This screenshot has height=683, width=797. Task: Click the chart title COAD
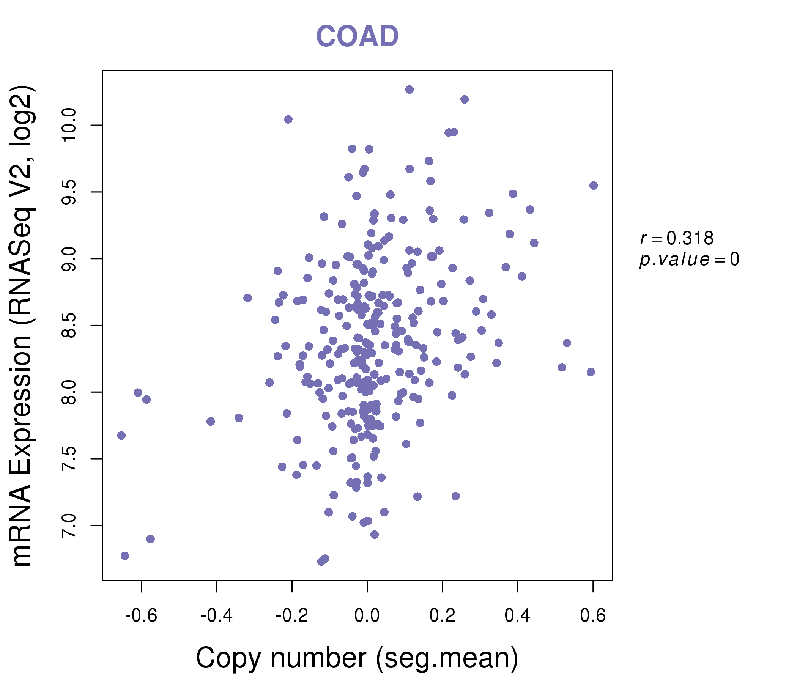point(357,36)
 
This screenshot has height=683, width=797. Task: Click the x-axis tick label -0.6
point(141,616)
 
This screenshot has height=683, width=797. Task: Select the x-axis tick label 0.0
point(367,616)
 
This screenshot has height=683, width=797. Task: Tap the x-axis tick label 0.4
point(517,616)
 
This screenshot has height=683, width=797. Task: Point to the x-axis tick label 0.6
point(593,616)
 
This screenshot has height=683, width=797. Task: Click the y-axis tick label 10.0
point(69,125)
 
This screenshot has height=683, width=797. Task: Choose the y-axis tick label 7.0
point(69,525)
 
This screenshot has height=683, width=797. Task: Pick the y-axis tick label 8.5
point(69,325)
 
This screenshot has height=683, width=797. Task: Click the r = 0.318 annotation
point(677,238)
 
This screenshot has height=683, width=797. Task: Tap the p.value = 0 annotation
point(689,260)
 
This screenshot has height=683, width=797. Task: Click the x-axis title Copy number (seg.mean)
point(357,658)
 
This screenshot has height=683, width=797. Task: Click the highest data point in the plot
point(409,90)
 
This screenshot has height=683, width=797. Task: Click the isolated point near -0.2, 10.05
point(288,119)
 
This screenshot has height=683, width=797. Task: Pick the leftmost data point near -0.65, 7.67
point(121,436)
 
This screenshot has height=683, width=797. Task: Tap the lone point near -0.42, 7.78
point(210,422)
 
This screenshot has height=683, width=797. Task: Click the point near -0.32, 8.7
point(247,297)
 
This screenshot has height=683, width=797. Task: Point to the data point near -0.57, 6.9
point(150,539)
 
